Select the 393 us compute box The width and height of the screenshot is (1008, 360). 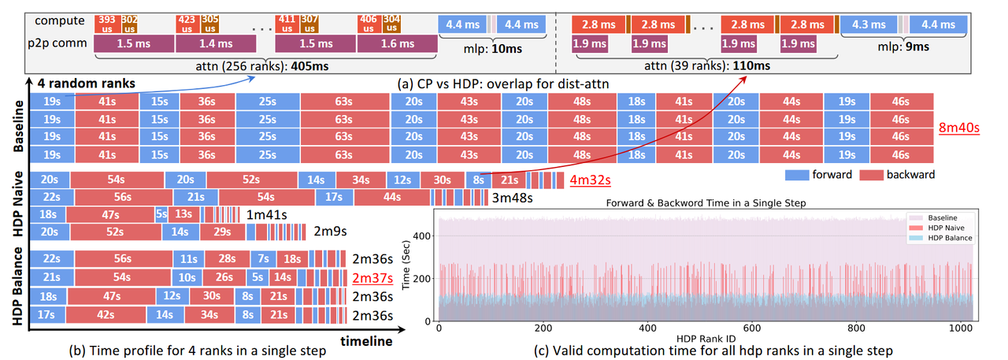pos(106,22)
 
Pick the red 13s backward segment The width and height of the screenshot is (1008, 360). pos(183,214)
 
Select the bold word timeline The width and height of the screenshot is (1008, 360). pos(365,342)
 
